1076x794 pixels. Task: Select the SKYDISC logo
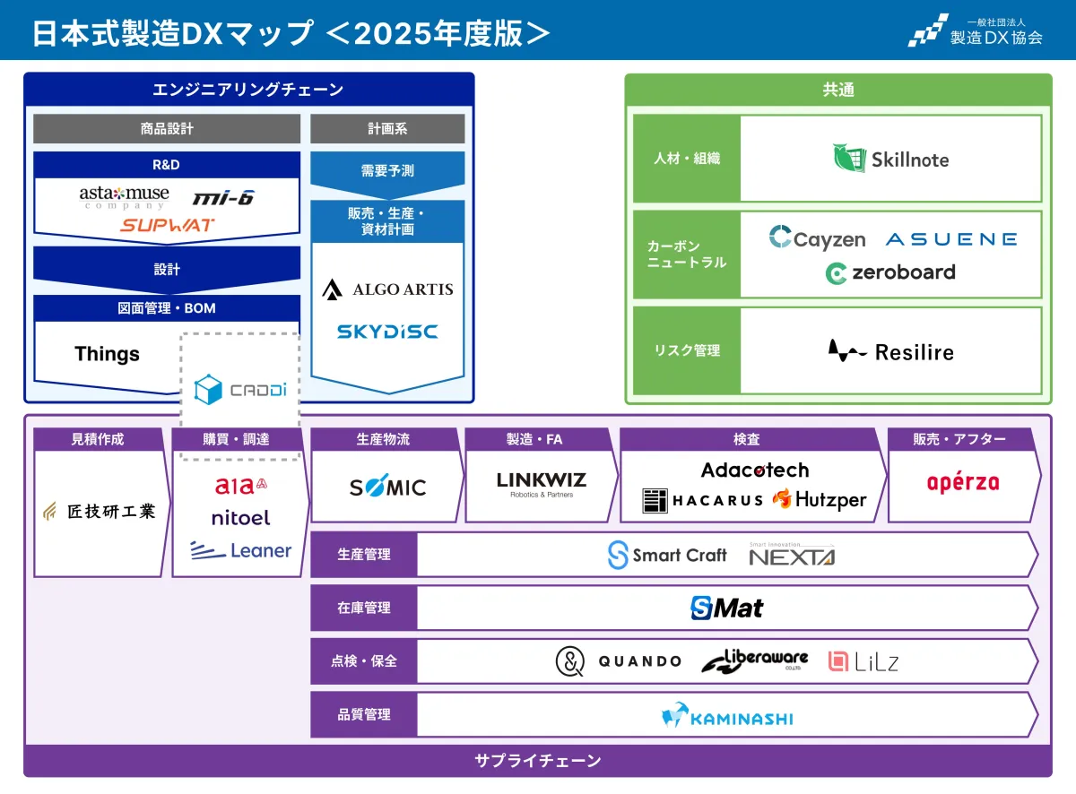(387, 332)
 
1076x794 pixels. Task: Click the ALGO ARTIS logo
(387, 289)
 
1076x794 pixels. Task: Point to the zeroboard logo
(890, 272)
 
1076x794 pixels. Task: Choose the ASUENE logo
(951, 239)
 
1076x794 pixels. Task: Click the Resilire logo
(890, 351)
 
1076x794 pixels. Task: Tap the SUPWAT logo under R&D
(168, 225)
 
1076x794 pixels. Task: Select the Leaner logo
(240, 550)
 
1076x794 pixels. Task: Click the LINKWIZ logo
(541, 484)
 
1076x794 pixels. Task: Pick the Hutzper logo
(820, 500)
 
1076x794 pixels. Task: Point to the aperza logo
(963, 483)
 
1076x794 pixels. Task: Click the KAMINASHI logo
(727, 716)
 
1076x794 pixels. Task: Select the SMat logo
(727, 608)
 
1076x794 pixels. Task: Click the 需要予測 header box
(387, 169)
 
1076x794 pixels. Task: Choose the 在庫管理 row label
(364, 608)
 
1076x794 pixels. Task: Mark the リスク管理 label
(687, 350)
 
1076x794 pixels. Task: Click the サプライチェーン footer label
(537, 761)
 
